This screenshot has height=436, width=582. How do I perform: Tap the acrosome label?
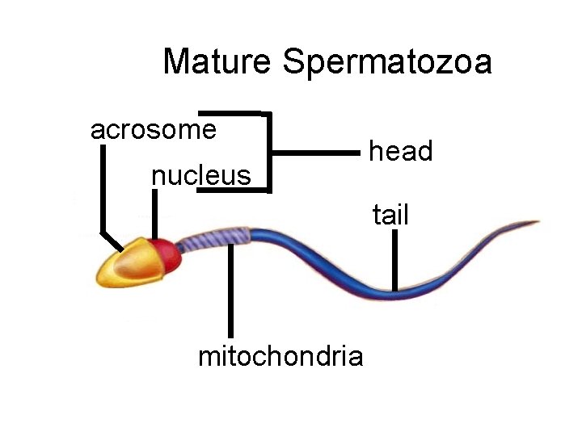[x=154, y=129]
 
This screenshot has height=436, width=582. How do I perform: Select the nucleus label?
[x=201, y=175]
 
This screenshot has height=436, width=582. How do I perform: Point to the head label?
[x=401, y=151]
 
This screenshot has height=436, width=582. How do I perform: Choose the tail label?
[x=390, y=216]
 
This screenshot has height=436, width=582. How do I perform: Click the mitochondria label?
[x=280, y=356]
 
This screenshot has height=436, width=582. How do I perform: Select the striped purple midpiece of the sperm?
[x=213, y=239]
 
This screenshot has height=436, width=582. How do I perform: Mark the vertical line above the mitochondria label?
[x=231, y=291]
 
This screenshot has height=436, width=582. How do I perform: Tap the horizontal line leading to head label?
[x=315, y=151]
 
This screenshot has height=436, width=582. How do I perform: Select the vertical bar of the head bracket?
[x=268, y=152]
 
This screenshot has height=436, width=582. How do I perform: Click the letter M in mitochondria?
[x=208, y=356]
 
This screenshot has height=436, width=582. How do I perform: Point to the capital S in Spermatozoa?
[x=295, y=62]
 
